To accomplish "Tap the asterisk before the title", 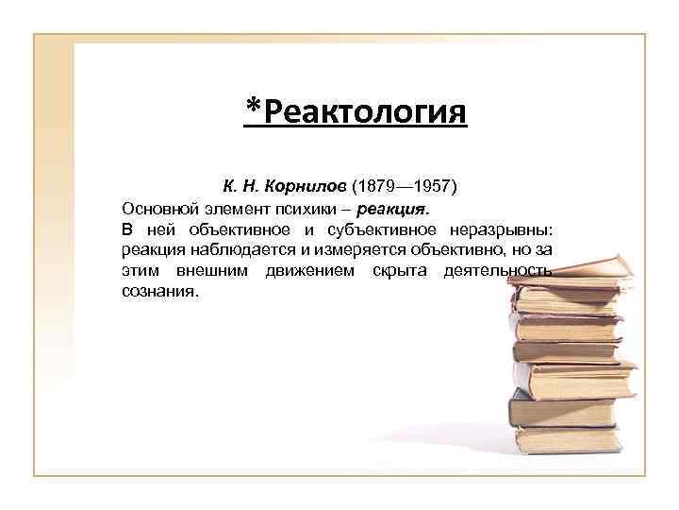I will pos(253,106).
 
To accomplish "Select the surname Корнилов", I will pos(308,187).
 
